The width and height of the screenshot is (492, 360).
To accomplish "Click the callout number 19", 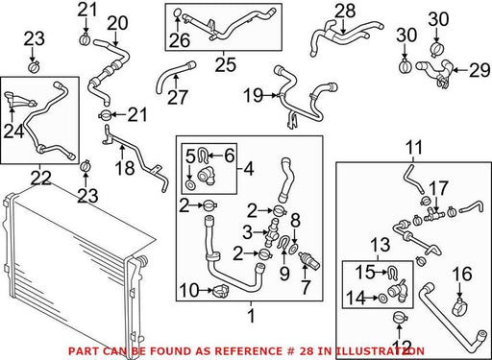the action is pos(253,95).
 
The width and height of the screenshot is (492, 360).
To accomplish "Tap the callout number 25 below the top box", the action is pos(225,64).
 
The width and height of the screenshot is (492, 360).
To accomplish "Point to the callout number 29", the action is pos(480,70).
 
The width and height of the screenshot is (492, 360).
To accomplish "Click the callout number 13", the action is pos(381,245).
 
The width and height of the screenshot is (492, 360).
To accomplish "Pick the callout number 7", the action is pos(305,287).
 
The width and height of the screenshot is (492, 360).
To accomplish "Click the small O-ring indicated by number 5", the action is pos(190,184).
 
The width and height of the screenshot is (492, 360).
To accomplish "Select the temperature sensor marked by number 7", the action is pos(309,261).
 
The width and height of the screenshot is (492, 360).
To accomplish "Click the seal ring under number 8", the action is pos(295,248).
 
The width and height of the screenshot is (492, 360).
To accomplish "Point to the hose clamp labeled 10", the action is pos(221,291).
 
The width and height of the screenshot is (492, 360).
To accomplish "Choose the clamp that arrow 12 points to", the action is pos(399,318).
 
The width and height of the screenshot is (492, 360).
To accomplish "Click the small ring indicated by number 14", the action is pos(382,298).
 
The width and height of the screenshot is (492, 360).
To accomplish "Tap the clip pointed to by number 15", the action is pos(391,273).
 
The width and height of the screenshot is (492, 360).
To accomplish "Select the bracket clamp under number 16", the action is pos(459,306).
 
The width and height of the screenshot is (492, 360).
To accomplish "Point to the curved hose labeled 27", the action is pos(174,76).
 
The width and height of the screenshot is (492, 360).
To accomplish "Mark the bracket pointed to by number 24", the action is pos(19,99).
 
